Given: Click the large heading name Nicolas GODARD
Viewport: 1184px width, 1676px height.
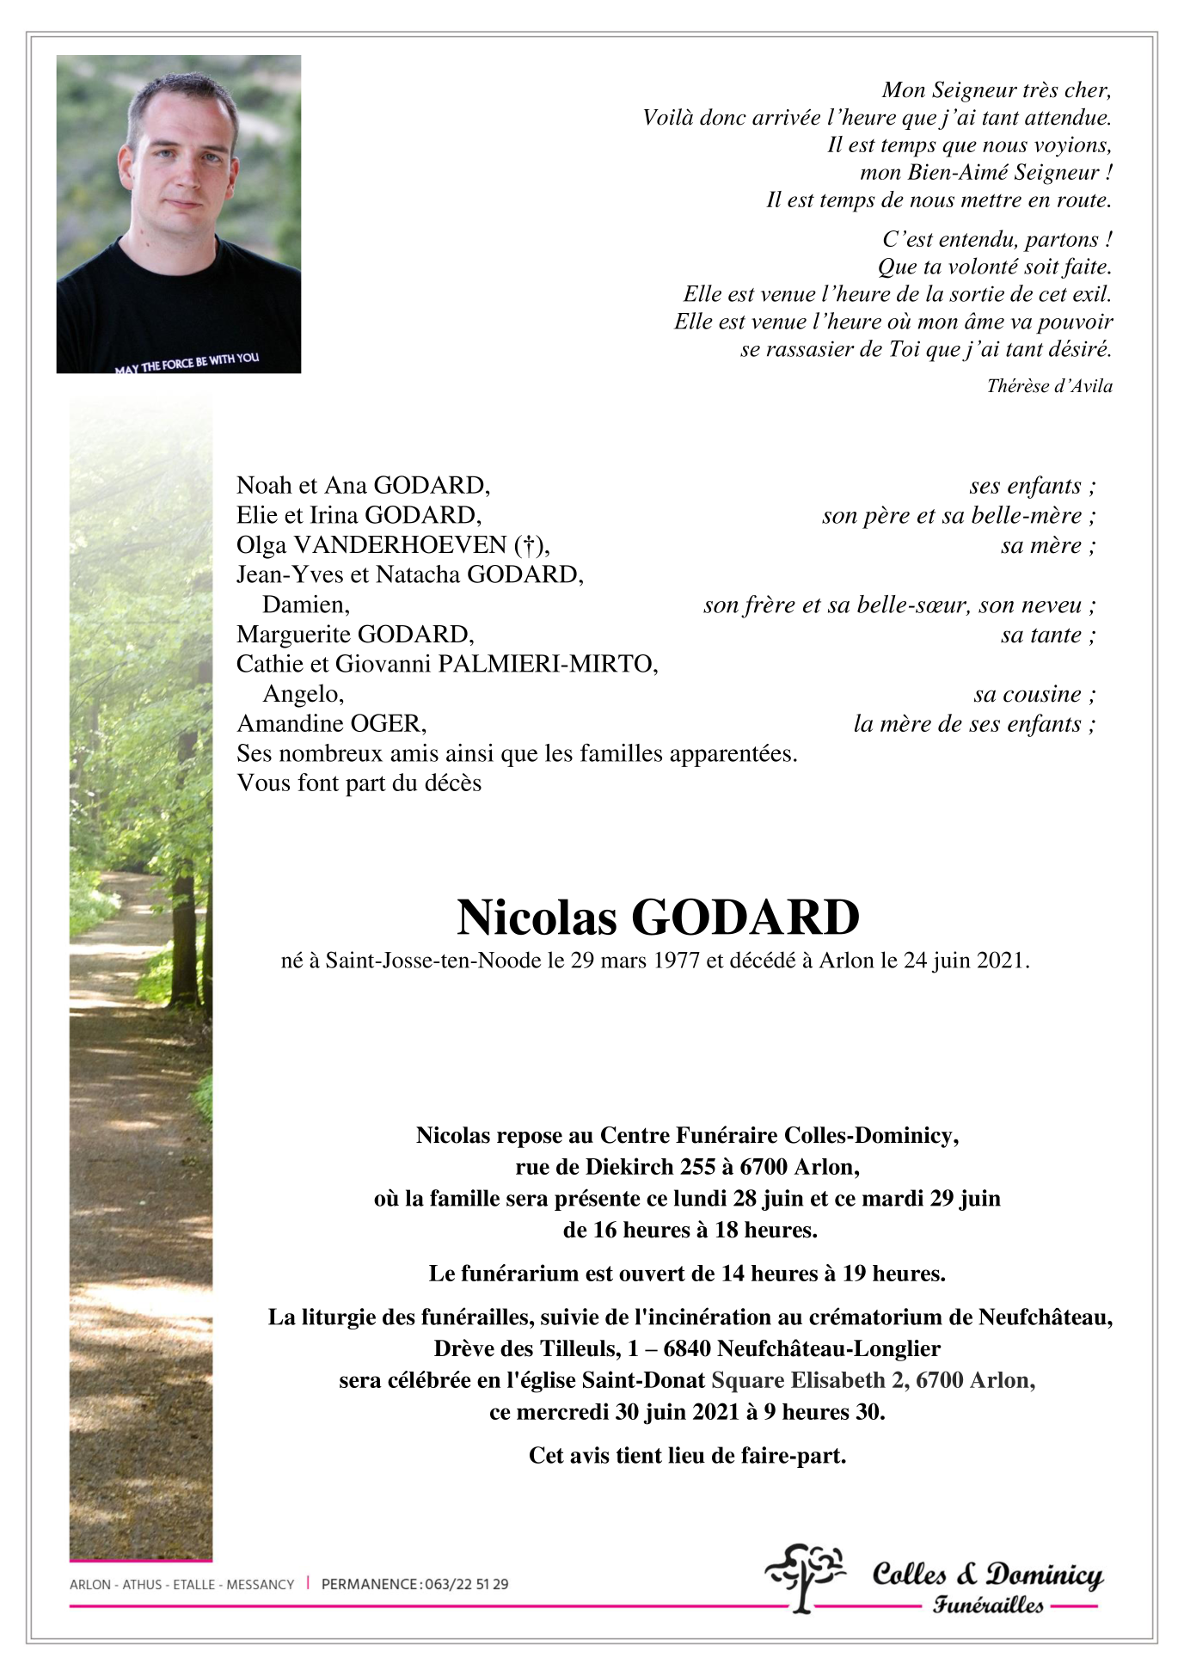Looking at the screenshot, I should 658,918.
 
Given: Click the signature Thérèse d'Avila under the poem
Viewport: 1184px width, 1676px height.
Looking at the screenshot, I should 1049,386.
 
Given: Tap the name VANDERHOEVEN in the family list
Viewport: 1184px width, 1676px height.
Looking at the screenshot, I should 401,545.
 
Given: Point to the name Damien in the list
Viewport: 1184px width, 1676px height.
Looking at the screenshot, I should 306,605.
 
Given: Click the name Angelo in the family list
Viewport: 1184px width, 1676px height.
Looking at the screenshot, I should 304,694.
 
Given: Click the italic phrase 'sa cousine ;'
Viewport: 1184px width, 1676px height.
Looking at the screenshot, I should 1034,695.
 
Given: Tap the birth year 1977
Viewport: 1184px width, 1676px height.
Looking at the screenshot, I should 676,961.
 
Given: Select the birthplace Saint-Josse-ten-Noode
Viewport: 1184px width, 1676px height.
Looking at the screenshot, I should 433,961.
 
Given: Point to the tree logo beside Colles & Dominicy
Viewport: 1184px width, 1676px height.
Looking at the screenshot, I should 804,1577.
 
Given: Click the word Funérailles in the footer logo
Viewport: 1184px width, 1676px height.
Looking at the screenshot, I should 988,1605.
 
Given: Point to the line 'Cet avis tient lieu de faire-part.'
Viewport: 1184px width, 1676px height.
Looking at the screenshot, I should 687,1456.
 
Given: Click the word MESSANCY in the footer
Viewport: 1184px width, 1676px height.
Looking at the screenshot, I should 260,1584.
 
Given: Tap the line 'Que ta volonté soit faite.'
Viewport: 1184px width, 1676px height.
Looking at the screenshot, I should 994,267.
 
